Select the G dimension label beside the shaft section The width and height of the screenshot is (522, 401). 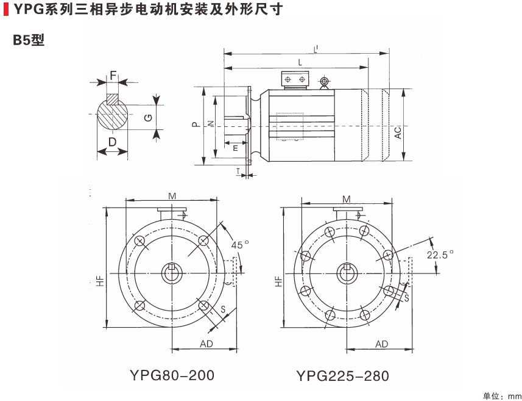point(149,117)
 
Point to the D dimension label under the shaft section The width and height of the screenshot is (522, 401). point(112,142)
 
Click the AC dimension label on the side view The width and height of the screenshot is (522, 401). point(397,132)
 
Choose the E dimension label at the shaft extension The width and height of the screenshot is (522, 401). point(235,147)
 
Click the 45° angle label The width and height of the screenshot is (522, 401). point(240,244)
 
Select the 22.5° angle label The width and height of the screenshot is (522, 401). point(441,255)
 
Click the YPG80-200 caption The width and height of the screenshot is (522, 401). point(172,374)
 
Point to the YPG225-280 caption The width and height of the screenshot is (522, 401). point(343,375)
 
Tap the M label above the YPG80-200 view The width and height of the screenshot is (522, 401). point(172,195)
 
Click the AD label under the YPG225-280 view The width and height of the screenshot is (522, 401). point(381,344)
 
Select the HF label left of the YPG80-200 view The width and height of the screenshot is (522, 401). point(99,281)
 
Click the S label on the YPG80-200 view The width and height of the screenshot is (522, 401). point(224,310)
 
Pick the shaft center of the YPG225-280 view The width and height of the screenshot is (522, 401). point(347,272)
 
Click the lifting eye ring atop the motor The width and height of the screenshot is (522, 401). point(324,82)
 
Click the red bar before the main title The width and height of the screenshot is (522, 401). point(5,10)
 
